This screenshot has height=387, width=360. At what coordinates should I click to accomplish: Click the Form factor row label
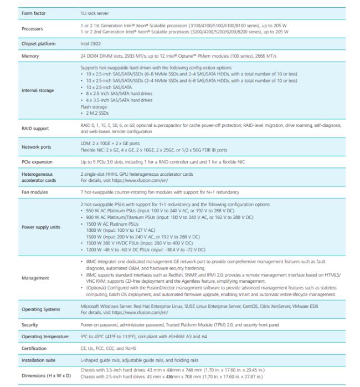[33, 12]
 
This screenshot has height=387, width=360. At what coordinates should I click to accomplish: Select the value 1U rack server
[95, 12]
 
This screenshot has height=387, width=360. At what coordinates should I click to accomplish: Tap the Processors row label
[32, 28]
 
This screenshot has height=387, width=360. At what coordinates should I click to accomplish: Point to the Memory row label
[30, 57]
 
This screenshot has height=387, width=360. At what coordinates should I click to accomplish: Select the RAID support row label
[35, 129]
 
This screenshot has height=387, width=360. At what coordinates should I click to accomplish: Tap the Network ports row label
[36, 147]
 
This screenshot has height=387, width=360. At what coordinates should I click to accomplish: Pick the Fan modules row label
[34, 192]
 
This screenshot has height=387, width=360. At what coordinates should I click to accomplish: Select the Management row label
[35, 278]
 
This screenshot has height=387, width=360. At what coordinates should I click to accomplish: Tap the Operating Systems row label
[40, 309]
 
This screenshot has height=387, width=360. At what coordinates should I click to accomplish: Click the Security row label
[30, 324]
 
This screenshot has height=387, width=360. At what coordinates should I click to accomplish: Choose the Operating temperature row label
[45, 337]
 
